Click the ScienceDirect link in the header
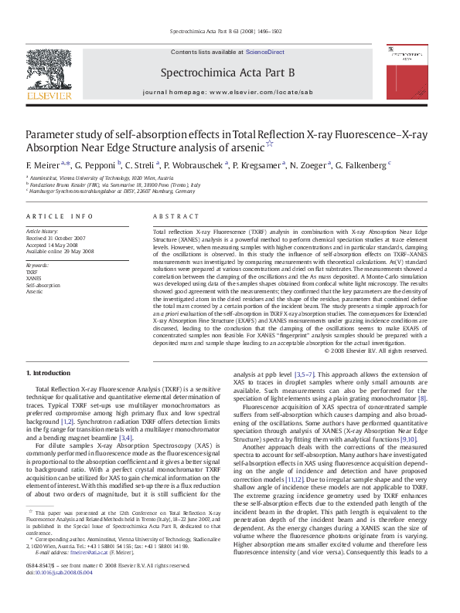tap(265, 52)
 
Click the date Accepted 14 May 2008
tap(56, 245)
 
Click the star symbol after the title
tap(268, 144)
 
